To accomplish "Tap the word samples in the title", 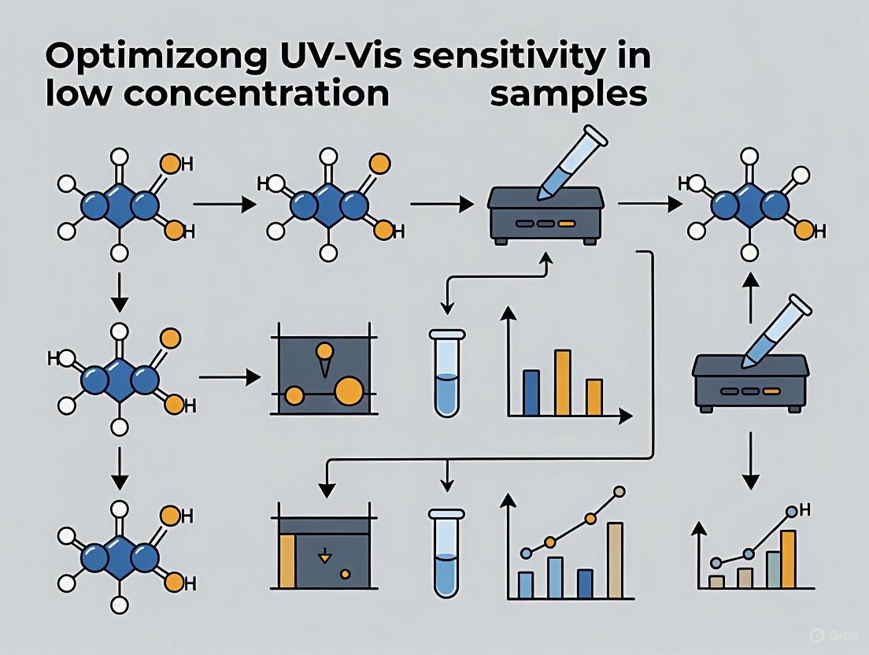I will pos(568,94).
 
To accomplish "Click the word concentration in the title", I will pos(218,94).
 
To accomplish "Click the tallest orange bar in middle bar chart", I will pos(562,382).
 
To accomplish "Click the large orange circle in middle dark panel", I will pos(349,390).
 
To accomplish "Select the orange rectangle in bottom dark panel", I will pos(287,561).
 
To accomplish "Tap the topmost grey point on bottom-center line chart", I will pos(619,492).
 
